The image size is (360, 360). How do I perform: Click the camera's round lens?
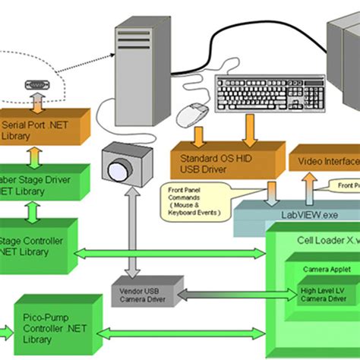coord(118,171)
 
